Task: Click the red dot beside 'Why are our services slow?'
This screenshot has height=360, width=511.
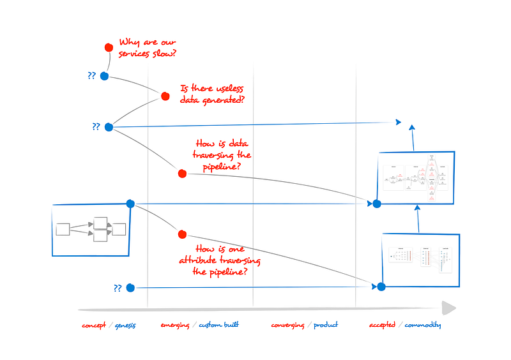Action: click(x=109, y=47)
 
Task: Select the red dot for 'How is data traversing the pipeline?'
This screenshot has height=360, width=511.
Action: click(x=182, y=173)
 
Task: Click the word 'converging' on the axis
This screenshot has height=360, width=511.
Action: click(x=288, y=325)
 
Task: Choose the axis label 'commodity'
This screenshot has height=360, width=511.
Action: click(x=422, y=325)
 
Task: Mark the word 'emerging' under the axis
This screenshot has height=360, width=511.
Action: click(x=175, y=326)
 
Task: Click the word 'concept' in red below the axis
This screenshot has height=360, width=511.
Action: click(x=95, y=325)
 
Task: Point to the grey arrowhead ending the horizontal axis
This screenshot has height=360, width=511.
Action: click(x=450, y=308)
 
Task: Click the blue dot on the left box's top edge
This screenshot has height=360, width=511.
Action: click(x=130, y=204)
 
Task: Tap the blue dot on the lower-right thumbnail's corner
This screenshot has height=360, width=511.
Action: click(x=381, y=287)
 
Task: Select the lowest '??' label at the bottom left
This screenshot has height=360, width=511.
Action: click(x=118, y=289)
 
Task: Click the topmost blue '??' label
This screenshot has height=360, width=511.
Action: click(x=92, y=75)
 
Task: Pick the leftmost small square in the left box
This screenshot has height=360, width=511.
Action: click(x=63, y=229)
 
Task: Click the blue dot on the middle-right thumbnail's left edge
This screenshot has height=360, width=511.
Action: click(x=377, y=204)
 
